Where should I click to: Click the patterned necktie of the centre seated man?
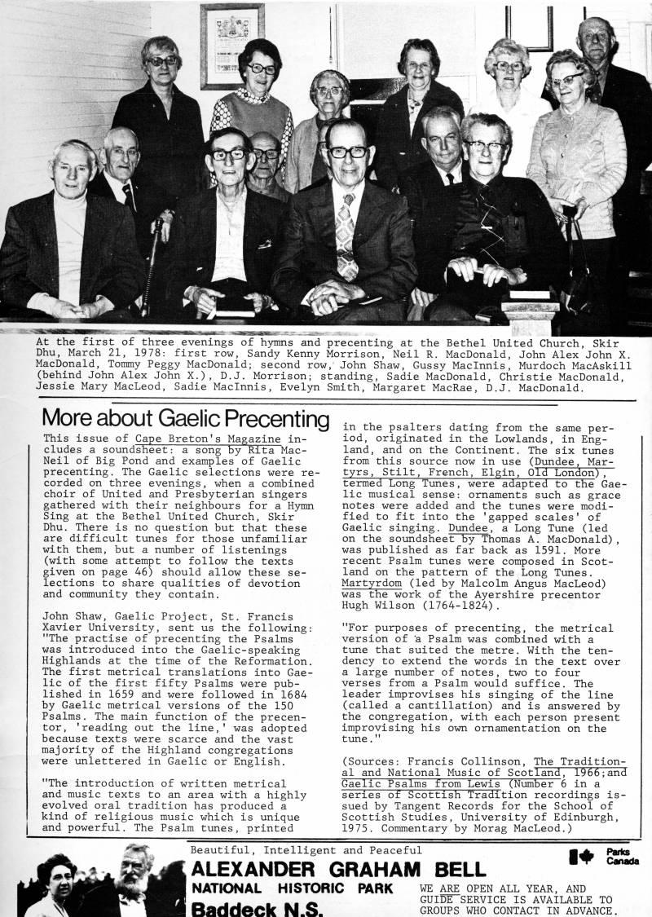pos(347,236)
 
